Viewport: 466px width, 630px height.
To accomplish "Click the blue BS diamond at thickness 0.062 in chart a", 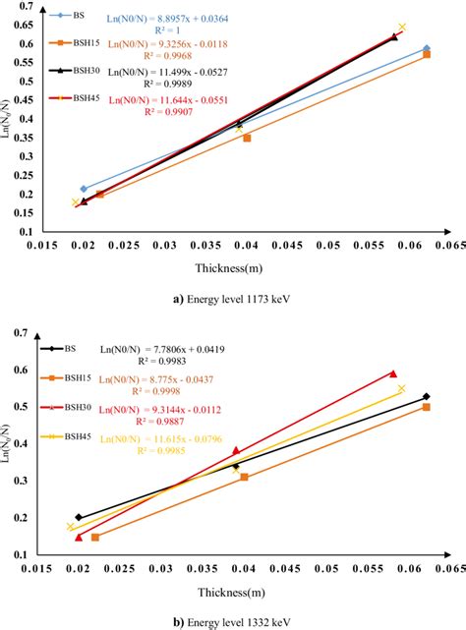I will coord(426,48).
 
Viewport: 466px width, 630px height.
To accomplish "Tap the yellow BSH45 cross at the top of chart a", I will coord(401,28).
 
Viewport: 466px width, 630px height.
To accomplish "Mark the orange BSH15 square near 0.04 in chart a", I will coord(247,139).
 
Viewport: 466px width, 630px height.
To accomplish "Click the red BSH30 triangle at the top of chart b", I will coord(392,373).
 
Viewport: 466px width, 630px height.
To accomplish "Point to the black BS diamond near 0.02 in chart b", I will coord(80,517).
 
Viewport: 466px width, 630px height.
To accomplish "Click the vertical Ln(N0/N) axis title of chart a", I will coord(9,120).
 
